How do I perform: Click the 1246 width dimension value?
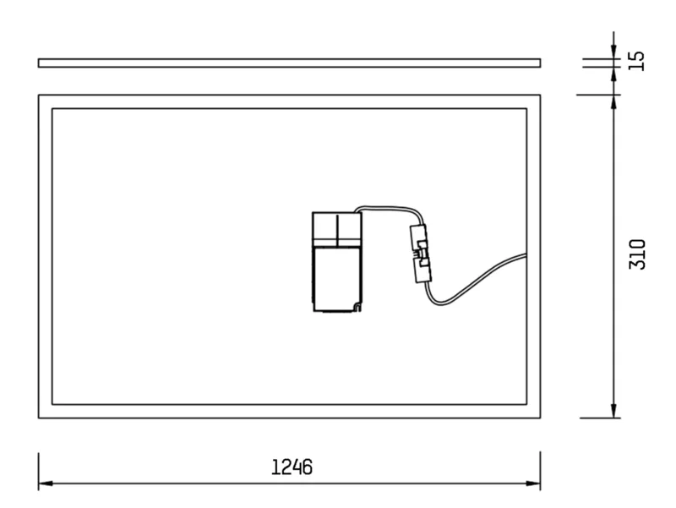click(x=292, y=467)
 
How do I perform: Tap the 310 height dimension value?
click(x=638, y=254)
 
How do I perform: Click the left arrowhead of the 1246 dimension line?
click(x=46, y=483)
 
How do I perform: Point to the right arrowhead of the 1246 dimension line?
click(x=533, y=483)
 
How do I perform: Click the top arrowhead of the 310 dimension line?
click(x=614, y=101)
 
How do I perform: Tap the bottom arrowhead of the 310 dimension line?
click(x=614, y=411)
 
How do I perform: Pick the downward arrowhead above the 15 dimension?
click(x=614, y=52)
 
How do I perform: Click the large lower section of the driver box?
click(x=336, y=278)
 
